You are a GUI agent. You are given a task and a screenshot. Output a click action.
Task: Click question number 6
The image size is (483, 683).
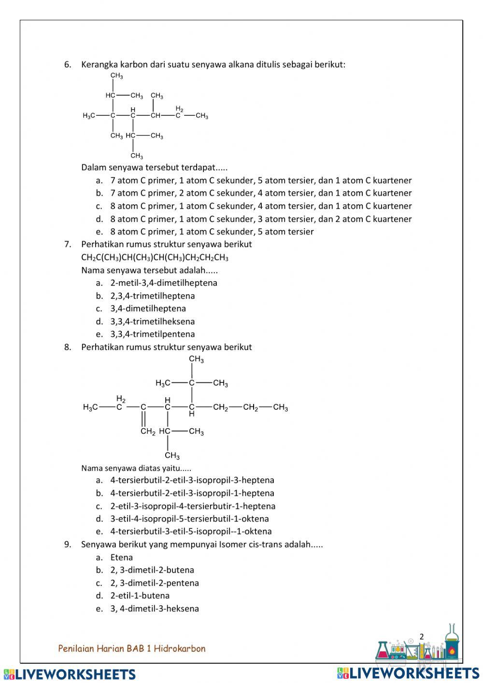(68, 64)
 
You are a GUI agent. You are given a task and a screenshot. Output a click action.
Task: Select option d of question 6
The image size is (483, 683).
(261, 219)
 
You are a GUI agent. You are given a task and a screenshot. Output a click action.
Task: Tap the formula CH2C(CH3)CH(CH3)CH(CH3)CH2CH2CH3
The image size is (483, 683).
(155, 257)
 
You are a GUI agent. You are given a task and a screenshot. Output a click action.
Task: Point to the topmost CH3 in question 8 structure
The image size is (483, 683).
(196, 359)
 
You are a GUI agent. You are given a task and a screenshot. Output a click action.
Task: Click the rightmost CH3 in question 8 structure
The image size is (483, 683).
(280, 407)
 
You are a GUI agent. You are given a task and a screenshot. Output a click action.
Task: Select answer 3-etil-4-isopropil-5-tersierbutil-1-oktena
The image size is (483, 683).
(189, 519)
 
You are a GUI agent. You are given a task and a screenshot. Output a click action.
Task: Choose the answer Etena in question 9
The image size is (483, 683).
(121, 557)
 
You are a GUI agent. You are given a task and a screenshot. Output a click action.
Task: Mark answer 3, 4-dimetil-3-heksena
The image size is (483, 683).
(155, 609)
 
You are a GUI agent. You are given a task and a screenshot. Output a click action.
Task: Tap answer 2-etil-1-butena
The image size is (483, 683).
(140, 596)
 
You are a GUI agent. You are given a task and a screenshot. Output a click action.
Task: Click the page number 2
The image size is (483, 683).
(421, 637)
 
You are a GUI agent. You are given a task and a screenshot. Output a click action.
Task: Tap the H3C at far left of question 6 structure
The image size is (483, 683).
(89, 116)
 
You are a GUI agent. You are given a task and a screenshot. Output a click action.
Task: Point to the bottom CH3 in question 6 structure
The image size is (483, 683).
(137, 156)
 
